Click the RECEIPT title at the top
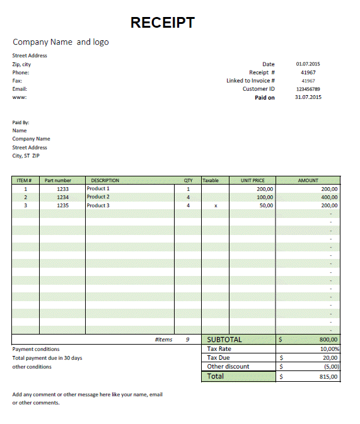tap(162, 23)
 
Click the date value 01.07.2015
tap(308, 64)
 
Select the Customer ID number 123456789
tap(308, 89)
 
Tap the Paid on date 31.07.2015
tap(308, 98)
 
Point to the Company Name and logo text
tap(61, 42)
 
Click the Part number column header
tap(58, 181)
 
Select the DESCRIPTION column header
tap(105, 181)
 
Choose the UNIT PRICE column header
tap(253, 181)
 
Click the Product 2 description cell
tap(98, 197)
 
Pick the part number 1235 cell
tap(62, 205)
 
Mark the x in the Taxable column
tap(216, 205)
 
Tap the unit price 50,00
tap(266, 205)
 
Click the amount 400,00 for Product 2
tap(329, 197)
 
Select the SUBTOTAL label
tap(224, 340)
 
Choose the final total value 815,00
tap(329, 377)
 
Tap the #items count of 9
tap(187, 340)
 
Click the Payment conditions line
tap(36, 349)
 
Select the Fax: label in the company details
tap(17, 81)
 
